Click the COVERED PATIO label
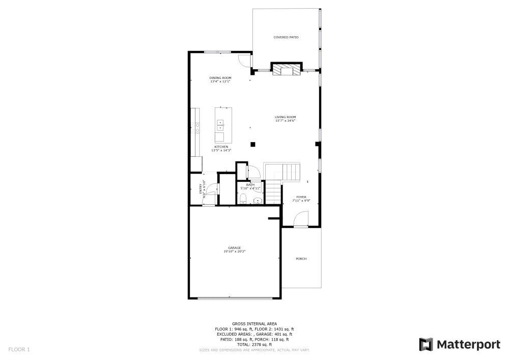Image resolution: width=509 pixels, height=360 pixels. pos(286,37)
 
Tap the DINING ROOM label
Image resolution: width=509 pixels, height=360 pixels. pos(220,78)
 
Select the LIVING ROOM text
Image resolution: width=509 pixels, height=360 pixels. pos(285,117)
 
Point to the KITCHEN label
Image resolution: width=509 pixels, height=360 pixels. pos(221,147)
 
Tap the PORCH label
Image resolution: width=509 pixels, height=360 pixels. pos(301,259)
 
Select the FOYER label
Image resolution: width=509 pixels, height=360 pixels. pos(301,197)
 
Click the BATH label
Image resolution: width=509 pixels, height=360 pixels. pos(250,185)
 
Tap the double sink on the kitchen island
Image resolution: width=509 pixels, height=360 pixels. pos(220,125)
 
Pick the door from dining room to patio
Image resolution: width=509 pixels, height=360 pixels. pos(246,61)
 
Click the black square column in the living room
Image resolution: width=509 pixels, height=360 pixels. pos(252,144)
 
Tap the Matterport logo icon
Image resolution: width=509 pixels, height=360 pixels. pos(426,345)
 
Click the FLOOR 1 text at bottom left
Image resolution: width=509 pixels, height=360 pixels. pos(19,349)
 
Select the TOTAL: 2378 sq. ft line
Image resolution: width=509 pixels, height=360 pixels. pos(254,345)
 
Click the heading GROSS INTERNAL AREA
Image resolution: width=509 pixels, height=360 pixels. pos(254,324)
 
